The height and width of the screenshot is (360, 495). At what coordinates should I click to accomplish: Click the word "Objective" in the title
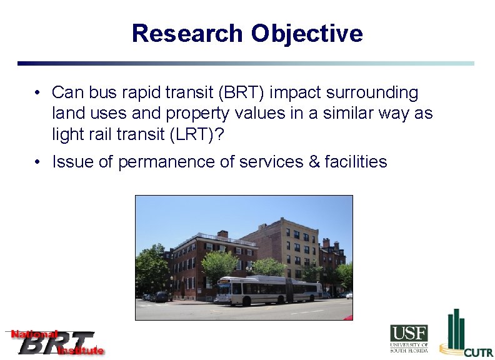(306, 33)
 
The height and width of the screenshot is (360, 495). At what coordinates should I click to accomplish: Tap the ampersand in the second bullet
(313, 162)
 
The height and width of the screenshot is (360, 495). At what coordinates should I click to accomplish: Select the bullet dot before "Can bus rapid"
(39, 93)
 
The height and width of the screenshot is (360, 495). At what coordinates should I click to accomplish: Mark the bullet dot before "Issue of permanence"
(39, 162)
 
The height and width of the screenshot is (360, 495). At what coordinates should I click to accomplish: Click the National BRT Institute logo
(55, 342)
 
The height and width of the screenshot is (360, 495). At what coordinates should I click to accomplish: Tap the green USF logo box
(409, 333)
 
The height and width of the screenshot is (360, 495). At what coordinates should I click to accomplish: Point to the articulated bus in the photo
(269, 290)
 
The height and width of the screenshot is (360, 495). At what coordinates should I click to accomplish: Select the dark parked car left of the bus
(161, 296)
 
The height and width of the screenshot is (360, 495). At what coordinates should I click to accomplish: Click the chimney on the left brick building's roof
(222, 234)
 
